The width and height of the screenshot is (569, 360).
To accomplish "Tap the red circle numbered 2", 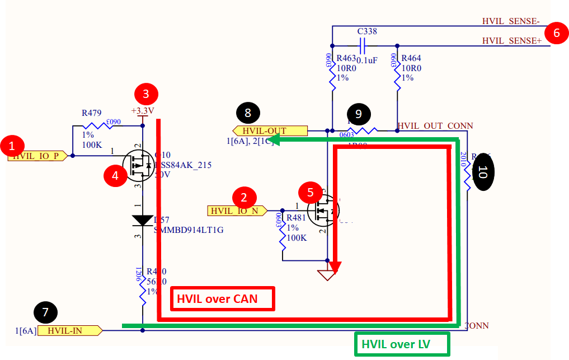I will tap(243, 197).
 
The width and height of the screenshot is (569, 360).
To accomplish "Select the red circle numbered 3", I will tap(146, 93).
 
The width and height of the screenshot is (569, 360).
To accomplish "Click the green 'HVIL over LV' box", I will tap(402, 344).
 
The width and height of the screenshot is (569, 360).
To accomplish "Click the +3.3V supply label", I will tap(142, 110).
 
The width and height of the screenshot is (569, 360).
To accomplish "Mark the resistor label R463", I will tap(345, 58).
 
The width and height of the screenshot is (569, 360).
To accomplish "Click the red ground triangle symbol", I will tap(326, 275).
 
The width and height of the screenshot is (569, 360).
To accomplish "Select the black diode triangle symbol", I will tap(143, 221).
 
